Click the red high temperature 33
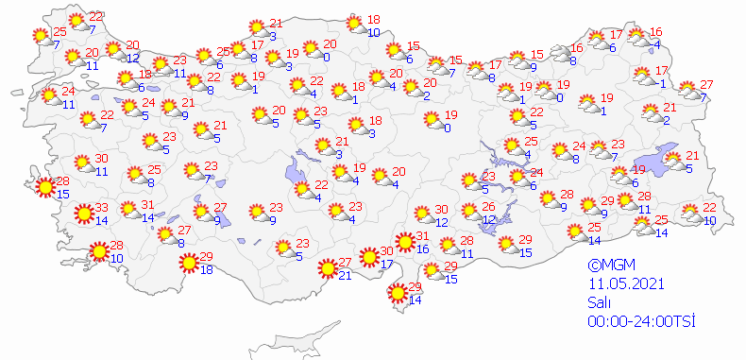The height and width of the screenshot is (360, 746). [x=101, y=209]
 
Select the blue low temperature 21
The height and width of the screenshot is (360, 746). [x=345, y=276]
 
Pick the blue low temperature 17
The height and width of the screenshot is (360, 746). [x=386, y=265]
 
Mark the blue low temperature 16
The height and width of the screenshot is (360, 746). [x=423, y=249]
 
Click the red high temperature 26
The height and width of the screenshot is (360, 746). [x=488, y=207]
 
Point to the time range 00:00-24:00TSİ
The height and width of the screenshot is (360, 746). [x=640, y=321]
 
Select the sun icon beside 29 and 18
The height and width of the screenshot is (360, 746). [x=189, y=263]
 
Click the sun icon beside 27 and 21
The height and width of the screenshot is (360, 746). [x=327, y=268]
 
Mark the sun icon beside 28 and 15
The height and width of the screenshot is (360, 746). [x=43, y=187]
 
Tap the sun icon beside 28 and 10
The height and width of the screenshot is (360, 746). [x=97, y=251]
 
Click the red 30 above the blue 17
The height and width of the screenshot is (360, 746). [x=386, y=251]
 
